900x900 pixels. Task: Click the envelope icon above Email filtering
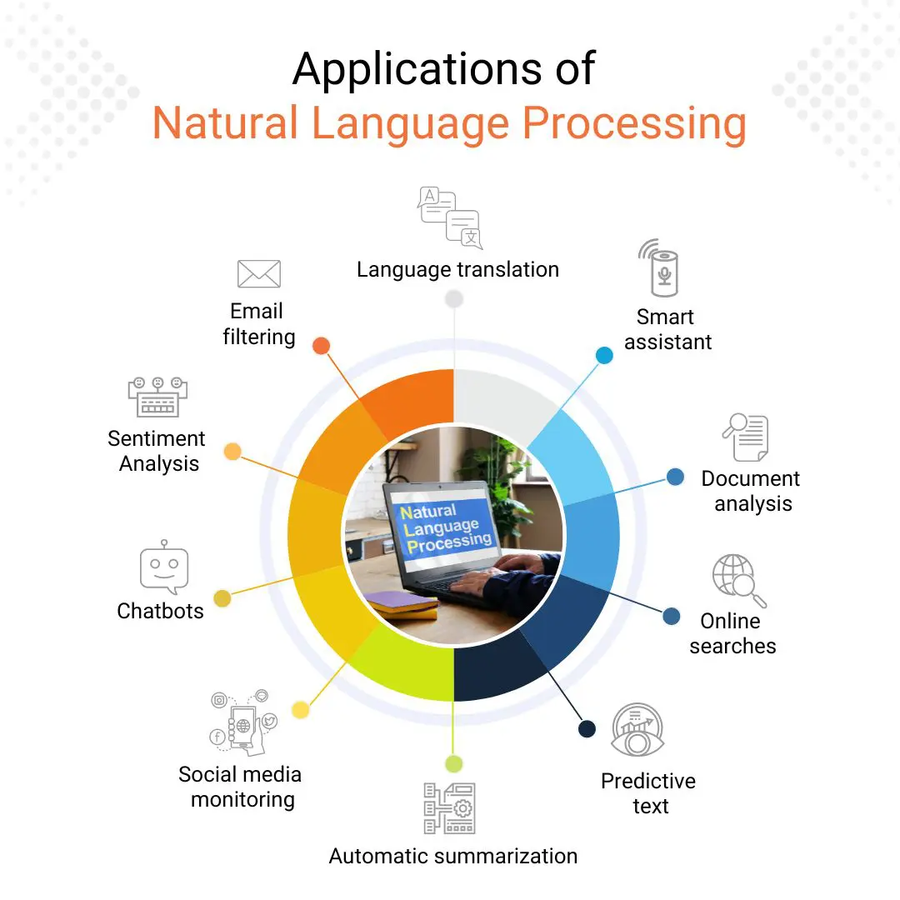pyautogui.click(x=258, y=274)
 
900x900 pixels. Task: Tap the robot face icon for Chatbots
pyautogui.click(x=164, y=568)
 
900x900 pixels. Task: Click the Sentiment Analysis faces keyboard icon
pyautogui.click(x=157, y=397)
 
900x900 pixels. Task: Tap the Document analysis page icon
pyautogui.click(x=745, y=437)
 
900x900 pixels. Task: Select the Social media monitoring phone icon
pyautogui.click(x=243, y=722)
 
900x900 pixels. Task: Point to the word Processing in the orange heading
pyautogui.click(x=633, y=123)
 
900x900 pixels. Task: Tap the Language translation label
pyautogui.click(x=457, y=270)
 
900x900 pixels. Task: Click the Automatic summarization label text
pyautogui.click(x=452, y=856)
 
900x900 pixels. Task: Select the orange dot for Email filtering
pyautogui.click(x=321, y=346)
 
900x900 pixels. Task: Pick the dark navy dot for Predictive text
pyautogui.click(x=587, y=729)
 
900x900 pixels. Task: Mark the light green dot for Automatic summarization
pyautogui.click(x=453, y=763)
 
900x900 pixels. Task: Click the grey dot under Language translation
pyautogui.click(x=454, y=299)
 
